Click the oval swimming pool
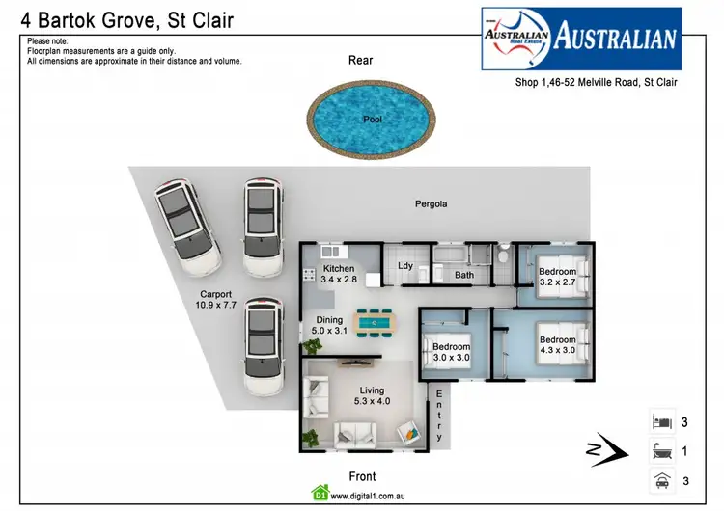pyautogui.click(x=372, y=120)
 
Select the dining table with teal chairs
pyautogui.click(x=373, y=319)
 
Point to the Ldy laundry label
pyautogui.click(x=405, y=267)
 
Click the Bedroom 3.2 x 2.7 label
pyautogui.click(x=558, y=278)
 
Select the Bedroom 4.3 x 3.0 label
pyautogui.click(x=558, y=345)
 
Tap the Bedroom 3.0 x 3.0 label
pyautogui.click(x=451, y=352)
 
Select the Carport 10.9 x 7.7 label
pyautogui.click(x=215, y=300)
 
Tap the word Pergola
pyautogui.click(x=431, y=204)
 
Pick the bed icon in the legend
pyautogui.click(x=661, y=422)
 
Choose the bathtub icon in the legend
pyautogui.click(x=661, y=450)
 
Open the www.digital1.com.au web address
pyautogui.click(x=366, y=498)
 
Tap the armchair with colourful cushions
pyautogui.click(x=409, y=432)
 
